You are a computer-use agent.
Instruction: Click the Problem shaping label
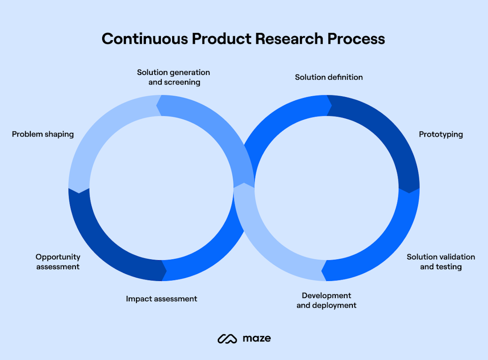(43, 134)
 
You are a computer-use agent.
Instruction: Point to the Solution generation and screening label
(174, 77)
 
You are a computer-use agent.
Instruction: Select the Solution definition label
(329, 77)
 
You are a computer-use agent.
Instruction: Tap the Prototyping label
(441, 134)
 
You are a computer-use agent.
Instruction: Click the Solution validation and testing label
(441, 262)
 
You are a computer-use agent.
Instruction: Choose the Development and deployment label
(326, 300)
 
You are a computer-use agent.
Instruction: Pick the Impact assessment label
(161, 299)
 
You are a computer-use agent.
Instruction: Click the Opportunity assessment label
(58, 262)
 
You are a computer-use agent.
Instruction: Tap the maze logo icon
(227, 338)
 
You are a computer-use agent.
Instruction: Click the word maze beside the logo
(257, 338)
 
